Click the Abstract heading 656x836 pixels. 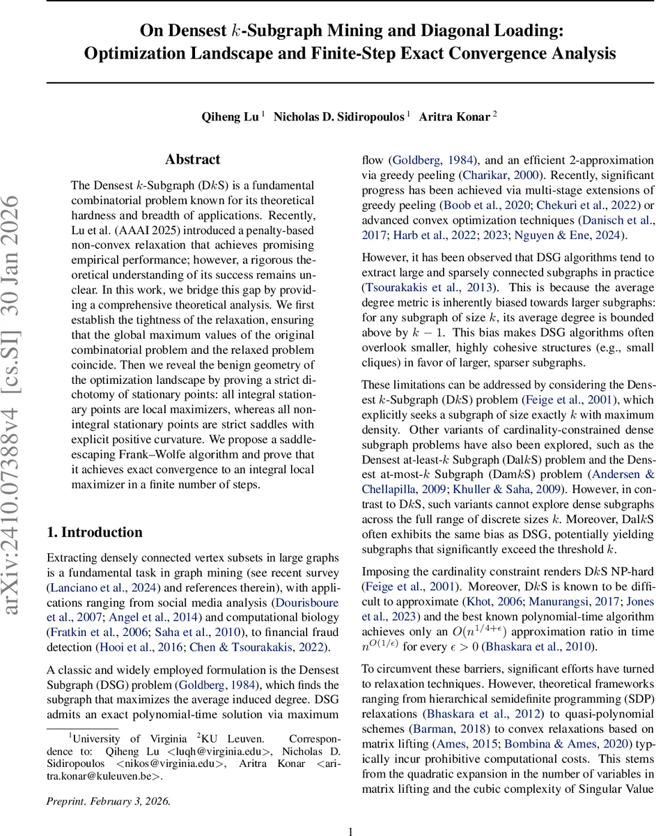(x=193, y=160)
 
